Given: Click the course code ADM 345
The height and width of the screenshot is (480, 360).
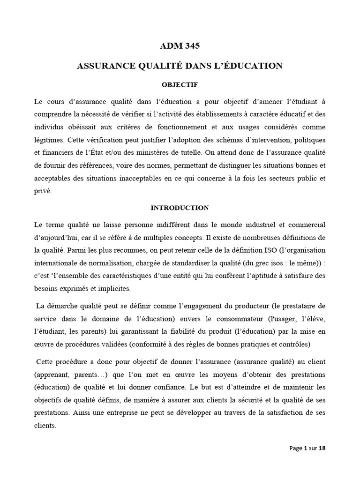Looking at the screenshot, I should tap(180, 46).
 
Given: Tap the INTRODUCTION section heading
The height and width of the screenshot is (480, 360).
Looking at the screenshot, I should tap(180, 207).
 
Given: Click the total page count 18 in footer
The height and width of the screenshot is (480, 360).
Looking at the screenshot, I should tap(322, 448).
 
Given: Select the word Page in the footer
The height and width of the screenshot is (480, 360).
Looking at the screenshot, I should tap(296, 448).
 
